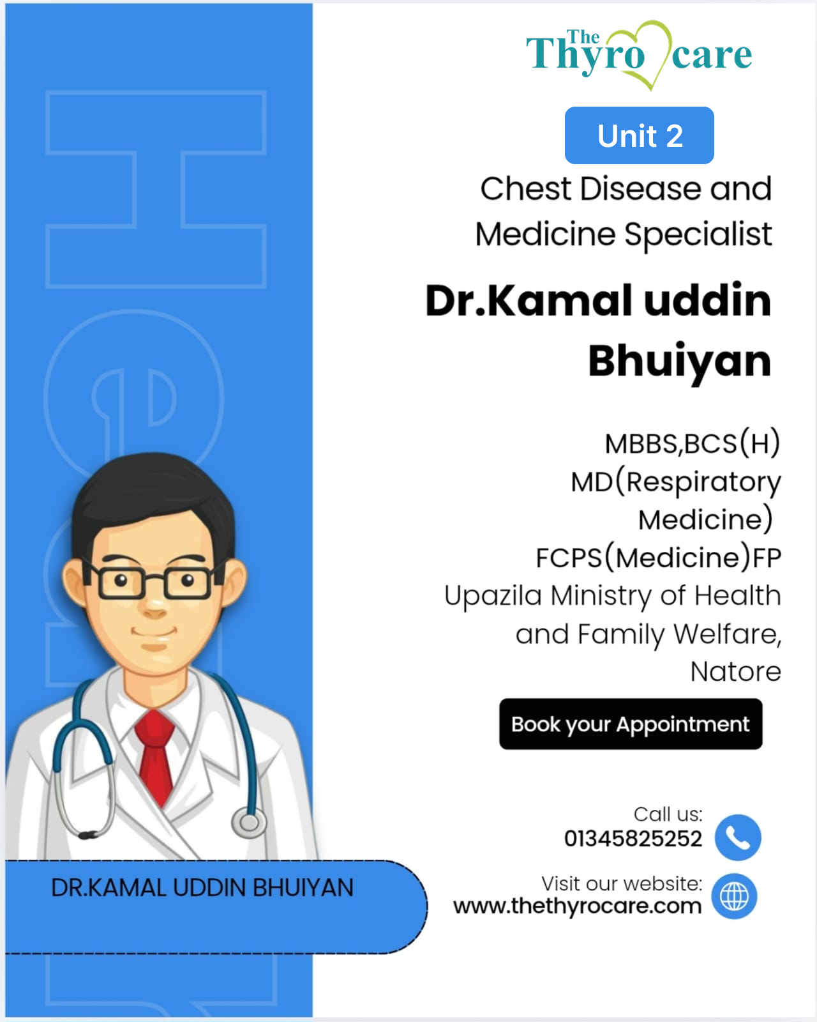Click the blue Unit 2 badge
(639, 135)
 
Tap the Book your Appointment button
(631, 724)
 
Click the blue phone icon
(738, 837)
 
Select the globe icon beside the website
(734, 896)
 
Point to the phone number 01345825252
(633, 839)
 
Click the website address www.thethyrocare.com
(577, 906)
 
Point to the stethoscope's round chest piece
(249, 822)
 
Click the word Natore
(735, 671)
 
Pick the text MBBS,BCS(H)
(692, 443)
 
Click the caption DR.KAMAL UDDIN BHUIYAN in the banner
(202, 888)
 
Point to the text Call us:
(668, 814)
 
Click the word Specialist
(698, 234)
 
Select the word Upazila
(493, 596)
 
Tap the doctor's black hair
(152, 494)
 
